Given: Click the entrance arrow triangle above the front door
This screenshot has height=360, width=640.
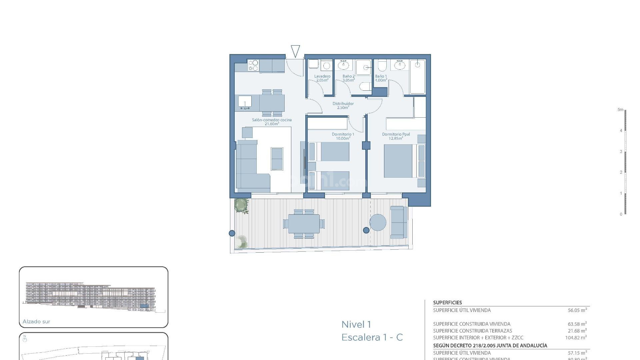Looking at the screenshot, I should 295,51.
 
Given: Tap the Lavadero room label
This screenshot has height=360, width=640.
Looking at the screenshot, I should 322,76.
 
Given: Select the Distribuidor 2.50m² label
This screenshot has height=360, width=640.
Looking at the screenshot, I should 343,105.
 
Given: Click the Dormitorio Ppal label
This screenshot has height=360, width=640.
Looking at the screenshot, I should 396,134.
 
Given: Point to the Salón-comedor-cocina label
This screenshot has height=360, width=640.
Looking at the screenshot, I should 272,120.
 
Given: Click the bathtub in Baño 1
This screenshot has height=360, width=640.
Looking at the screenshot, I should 417,77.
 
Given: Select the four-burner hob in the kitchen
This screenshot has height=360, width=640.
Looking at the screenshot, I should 253,65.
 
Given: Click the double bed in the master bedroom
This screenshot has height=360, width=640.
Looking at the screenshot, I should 398,161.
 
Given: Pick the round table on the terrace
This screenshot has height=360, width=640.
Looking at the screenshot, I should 378,222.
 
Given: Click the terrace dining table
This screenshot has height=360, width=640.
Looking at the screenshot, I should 304,224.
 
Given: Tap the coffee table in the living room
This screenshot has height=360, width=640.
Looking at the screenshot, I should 277,159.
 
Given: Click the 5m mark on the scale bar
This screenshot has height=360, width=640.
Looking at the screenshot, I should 620,110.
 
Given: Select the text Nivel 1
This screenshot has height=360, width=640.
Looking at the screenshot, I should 356,324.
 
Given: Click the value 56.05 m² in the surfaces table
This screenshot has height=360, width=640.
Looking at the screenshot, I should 577,310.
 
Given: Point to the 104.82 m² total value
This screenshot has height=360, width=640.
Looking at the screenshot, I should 576,338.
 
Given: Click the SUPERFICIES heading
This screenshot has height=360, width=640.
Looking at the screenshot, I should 447,303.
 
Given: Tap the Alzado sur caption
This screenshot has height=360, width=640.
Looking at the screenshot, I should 36,322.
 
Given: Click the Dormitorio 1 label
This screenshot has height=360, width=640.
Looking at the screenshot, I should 343,134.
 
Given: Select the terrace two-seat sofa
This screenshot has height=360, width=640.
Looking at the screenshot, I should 398,222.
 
